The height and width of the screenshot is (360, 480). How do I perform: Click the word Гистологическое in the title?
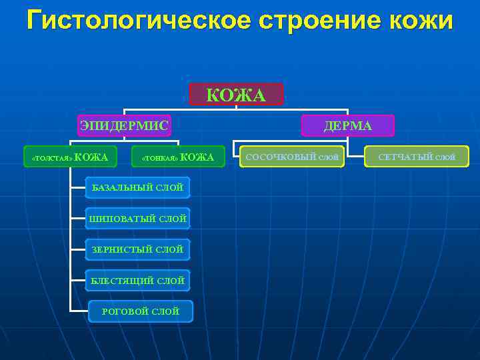pyautogui.click(x=137, y=21)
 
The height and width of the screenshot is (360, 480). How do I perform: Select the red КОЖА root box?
pyautogui.click(x=236, y=95)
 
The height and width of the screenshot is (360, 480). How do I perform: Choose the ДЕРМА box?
pyautogui.click(x=348, y=125)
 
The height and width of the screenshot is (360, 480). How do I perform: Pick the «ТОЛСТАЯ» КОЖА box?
pyautogui.click(x=70, y=157)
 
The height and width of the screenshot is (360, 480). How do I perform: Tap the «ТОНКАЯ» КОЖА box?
pyautogui.click(x=177, y=157)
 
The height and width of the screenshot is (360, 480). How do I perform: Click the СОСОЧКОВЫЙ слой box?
pyautogui.click(x=292, y=157)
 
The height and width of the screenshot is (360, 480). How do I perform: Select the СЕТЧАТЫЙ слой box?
pyautogui.click(x=417, y=157)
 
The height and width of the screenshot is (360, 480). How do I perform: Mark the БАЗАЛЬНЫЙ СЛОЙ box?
pyautogui.click(x=137, y=187)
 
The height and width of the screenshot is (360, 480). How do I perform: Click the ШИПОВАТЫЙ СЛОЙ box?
pyautogui.click(x=137, y=218)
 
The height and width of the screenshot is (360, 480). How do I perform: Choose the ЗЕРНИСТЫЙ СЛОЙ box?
pyautogui.click(x=137, y=249)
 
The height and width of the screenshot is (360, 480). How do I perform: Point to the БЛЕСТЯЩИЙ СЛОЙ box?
pyautogui.click(x=137, y=281)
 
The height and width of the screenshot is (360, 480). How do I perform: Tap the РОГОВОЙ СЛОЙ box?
pyautogui.click(x=140, y=311)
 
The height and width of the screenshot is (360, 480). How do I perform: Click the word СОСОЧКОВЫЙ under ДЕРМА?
pyautogui.click(x=281, y=157)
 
